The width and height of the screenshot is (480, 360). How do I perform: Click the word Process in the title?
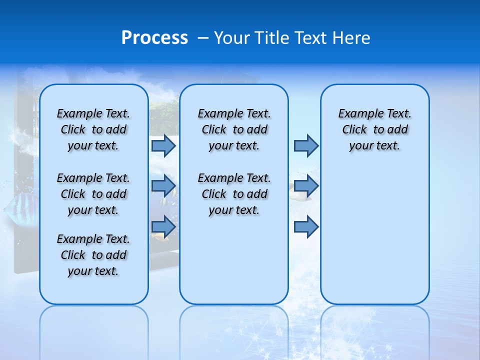154,37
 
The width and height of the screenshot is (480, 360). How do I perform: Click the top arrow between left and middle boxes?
163,145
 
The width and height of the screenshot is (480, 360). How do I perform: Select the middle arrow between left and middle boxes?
163,186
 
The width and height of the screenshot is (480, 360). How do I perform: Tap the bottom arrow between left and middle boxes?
163,227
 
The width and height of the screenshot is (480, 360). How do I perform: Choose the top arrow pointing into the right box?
306,145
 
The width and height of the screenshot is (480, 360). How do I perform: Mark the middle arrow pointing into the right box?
306,186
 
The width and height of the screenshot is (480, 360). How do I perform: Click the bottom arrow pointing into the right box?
306,227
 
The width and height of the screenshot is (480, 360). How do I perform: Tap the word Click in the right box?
354,130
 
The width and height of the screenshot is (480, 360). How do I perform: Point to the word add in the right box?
398,130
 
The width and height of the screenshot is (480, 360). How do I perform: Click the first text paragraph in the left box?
93,129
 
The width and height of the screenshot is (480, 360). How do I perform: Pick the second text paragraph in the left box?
93,194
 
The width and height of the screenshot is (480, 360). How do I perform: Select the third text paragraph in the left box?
93,255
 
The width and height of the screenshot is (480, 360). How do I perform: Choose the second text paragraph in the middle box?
234,194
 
